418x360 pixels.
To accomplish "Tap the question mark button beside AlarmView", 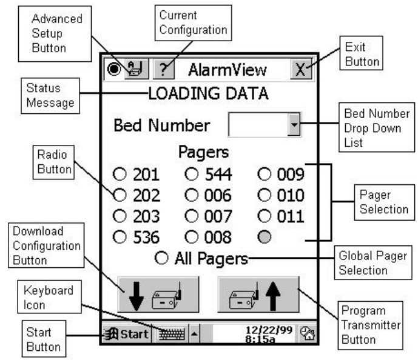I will point(163,70).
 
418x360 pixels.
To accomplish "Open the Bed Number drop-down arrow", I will point(294,126).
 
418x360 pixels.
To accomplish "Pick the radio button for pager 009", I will point(265,175).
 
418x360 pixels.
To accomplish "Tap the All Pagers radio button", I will point(161,259).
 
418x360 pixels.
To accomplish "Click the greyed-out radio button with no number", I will point(265,236).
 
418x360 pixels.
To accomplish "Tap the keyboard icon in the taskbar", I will point(170,333).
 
